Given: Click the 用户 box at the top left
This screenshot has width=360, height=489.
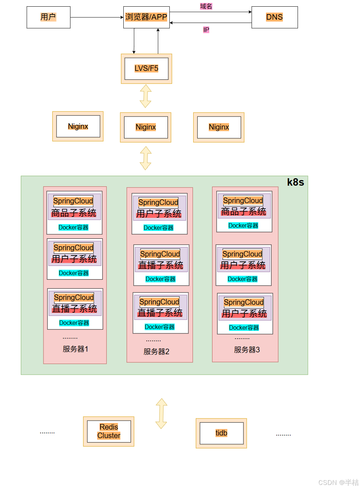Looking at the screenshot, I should (48, 17).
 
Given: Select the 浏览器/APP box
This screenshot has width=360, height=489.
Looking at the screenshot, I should (146, 17).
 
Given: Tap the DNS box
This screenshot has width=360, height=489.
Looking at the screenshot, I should (275, 17).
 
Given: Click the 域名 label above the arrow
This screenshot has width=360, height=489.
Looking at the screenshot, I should (206, 6).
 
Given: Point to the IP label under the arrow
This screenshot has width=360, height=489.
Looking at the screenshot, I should (206, 30).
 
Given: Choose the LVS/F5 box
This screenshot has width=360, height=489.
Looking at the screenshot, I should (146, 69).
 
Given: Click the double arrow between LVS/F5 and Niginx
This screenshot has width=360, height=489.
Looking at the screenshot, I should (146, 96).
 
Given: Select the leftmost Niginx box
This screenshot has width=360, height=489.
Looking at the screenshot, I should (78, 126).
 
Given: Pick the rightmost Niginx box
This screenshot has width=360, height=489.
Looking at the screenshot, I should (219, 127).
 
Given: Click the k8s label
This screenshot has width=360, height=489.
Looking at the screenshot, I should (295, 182).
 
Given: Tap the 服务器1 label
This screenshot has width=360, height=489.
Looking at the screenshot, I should (75, 349).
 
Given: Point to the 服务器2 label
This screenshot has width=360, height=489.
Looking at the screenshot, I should (156, 351).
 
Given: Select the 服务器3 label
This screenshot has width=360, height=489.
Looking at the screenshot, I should (247, 350).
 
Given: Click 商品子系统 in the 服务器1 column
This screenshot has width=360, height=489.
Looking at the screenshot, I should (74, 213).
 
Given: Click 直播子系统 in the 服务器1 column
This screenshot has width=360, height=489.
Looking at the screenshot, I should (75, 309).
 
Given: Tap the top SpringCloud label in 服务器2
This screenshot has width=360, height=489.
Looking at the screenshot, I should (158, 202).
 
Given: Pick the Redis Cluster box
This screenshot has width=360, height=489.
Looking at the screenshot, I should (109, 431).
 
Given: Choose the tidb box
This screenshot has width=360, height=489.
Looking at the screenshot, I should (221, 433).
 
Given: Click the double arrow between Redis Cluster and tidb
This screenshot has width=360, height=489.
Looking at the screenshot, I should (161, 414).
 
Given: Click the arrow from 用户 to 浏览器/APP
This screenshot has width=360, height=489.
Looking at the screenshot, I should (97, 17).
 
